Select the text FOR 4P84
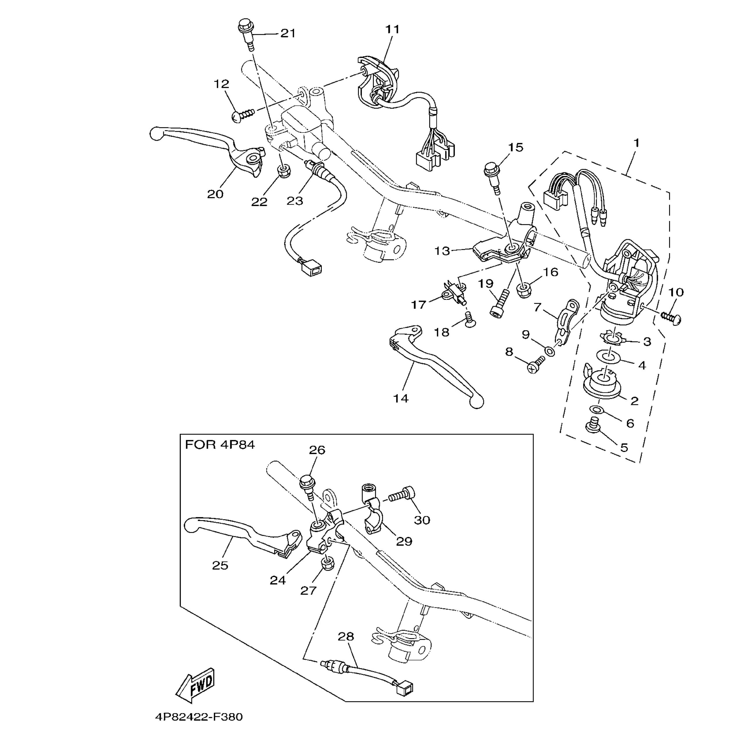click(x=220, y=445)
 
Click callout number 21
click(x=288, y=33)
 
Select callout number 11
click(x=392, y=29)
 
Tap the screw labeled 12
click(x=243, y=114)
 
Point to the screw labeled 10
click(x=671, y=317)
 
